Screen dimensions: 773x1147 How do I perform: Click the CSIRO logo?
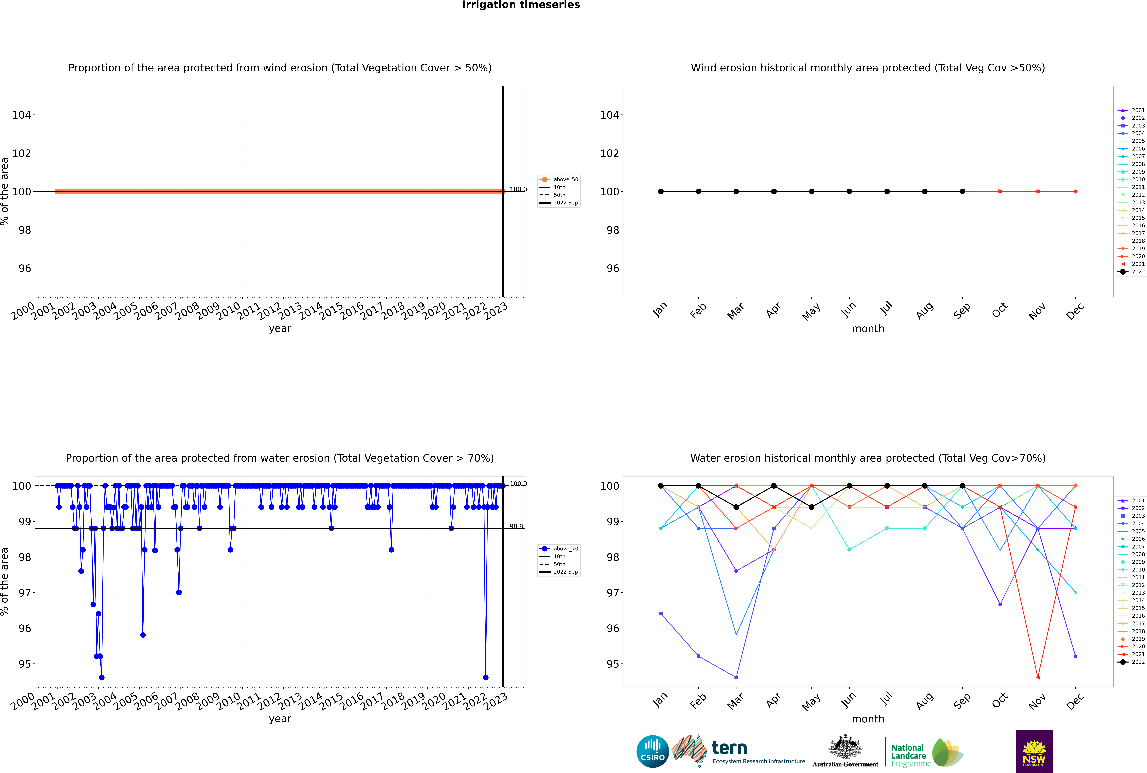click(x=652, y=751)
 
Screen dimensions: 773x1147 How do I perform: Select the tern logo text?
click(x=729, y=748)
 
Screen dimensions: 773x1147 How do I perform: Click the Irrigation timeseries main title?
click(x=521, y=5)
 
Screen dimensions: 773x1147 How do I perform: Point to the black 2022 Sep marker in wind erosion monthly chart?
click(x=962, y=191)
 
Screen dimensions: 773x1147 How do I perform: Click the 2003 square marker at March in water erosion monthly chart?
click(x=736, y=677)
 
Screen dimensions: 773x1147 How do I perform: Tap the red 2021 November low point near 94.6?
click(x=1038, y=677)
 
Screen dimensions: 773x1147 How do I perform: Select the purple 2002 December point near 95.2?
click(x=1076, y=656)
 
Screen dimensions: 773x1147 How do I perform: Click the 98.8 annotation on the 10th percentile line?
click(x=516, y=526)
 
